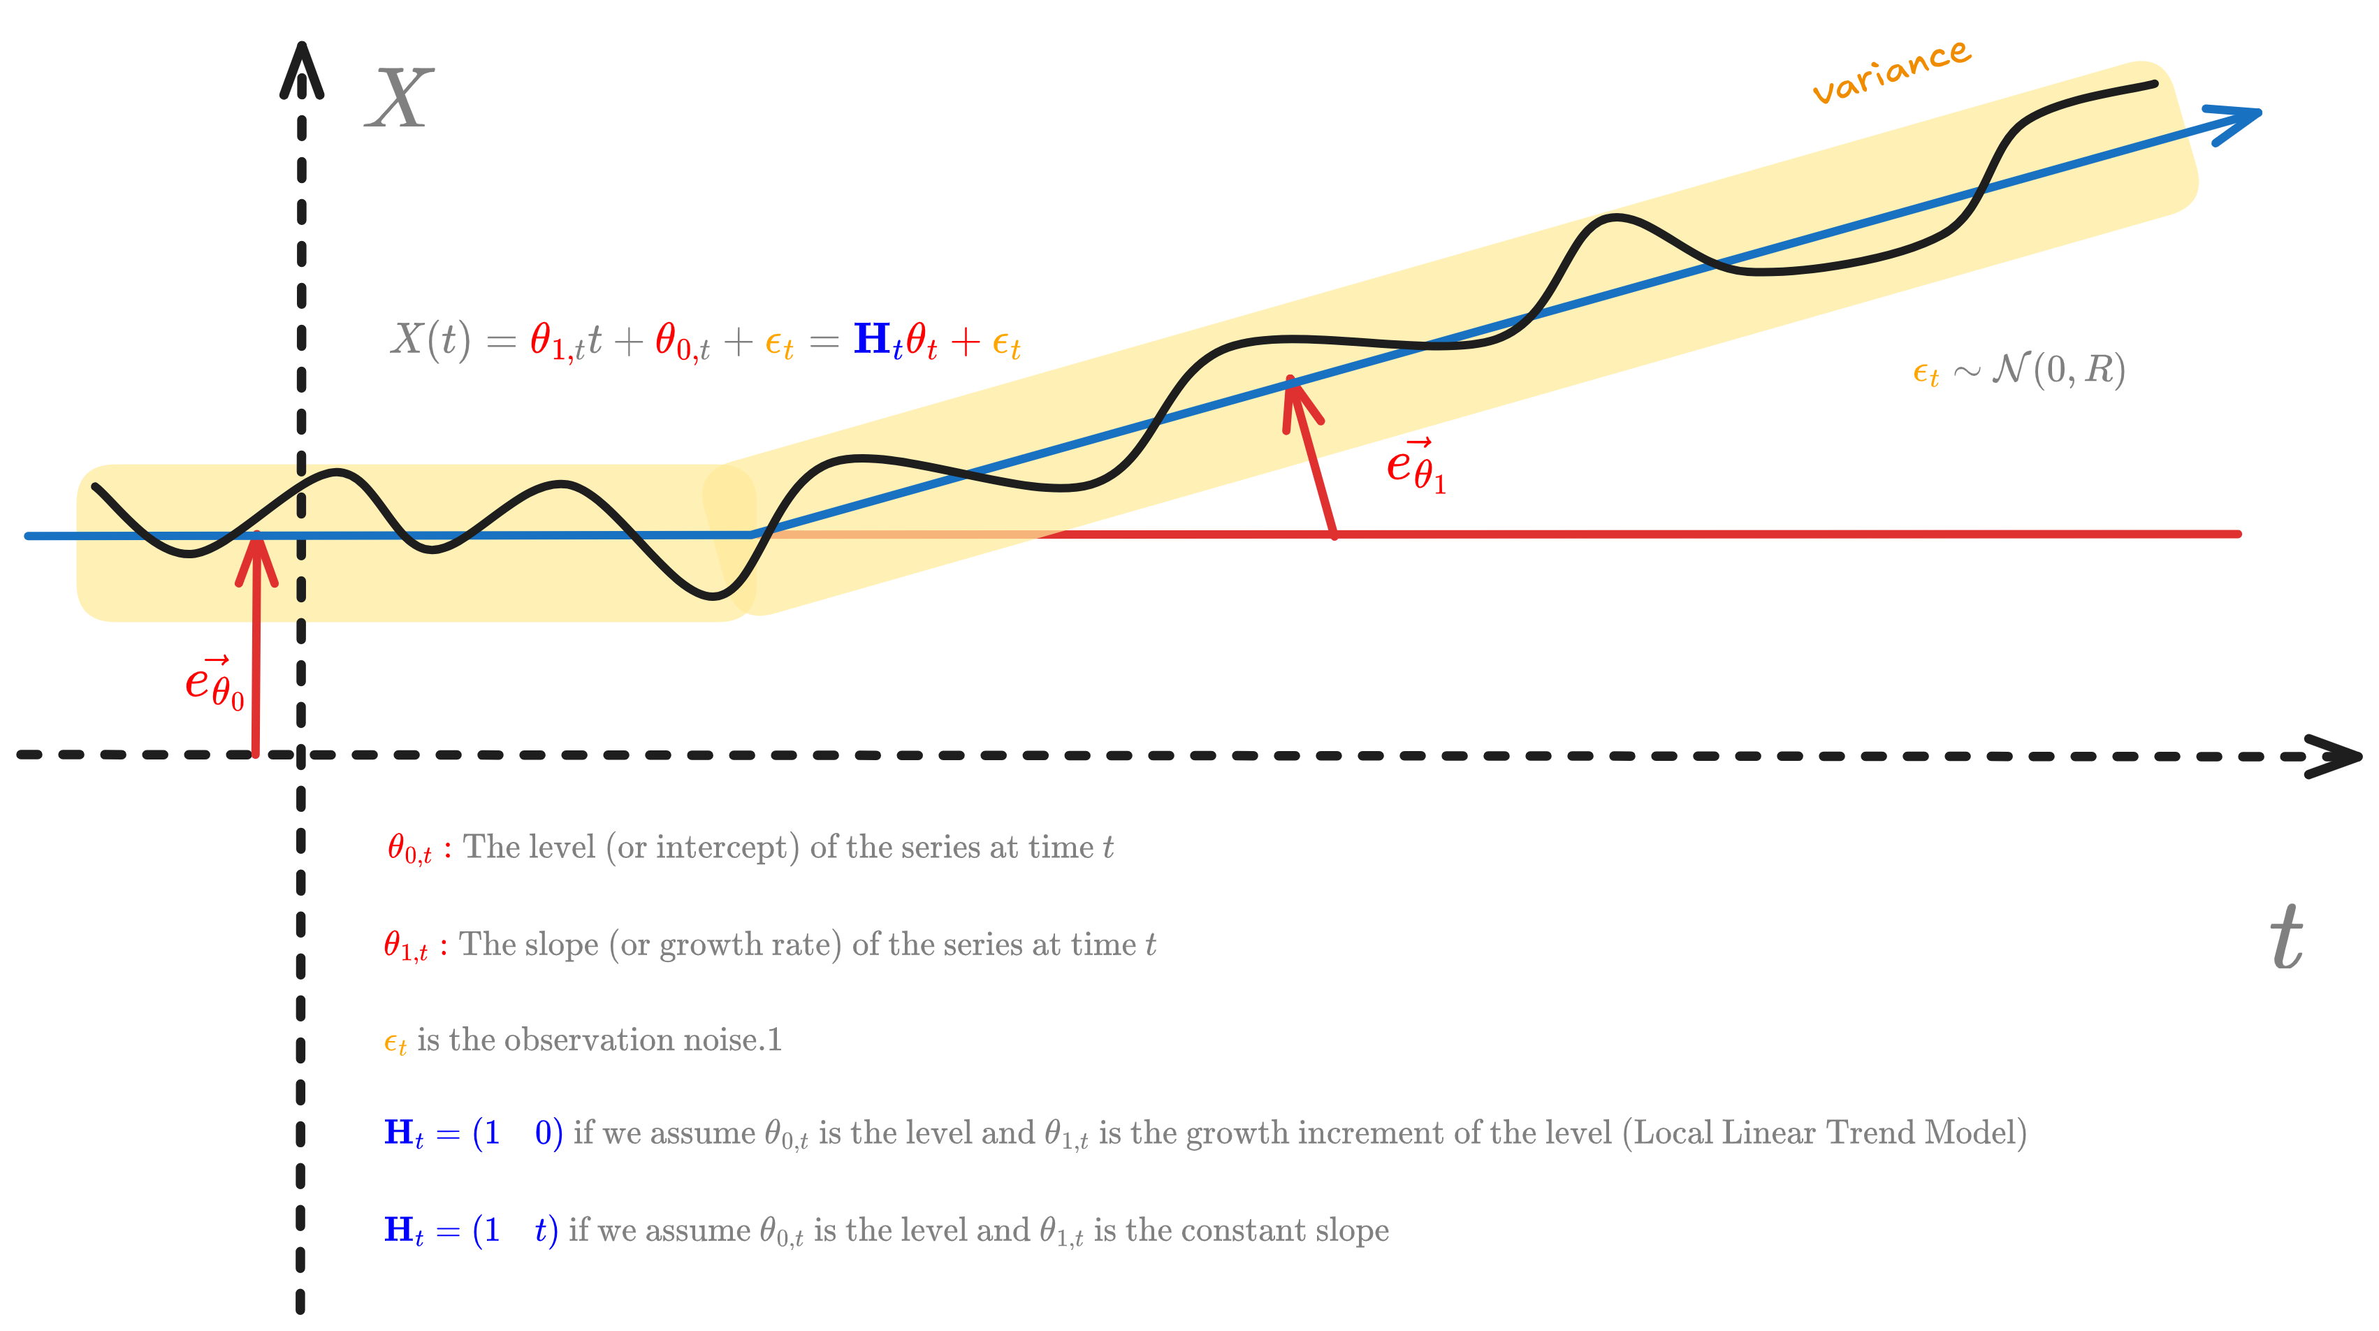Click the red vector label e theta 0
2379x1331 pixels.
point(214,683)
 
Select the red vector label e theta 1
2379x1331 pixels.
point(1415,467)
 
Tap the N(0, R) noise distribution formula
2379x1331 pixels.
point(2058,370)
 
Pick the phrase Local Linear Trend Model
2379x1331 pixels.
point(1824,1133)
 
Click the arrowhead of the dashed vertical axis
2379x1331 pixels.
point(301,69)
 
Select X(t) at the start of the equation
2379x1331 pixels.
point(430,339)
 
